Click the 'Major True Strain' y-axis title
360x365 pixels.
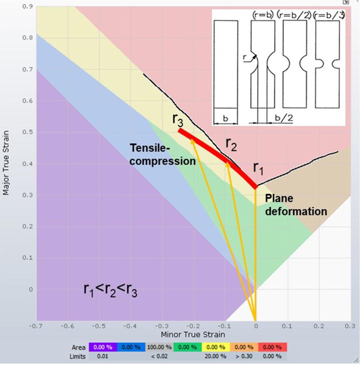tap(6, 163)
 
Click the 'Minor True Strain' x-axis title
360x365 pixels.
tap(192, 335)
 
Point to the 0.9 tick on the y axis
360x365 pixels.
tap(27, 7)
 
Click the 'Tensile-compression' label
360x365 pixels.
tap(163, 154)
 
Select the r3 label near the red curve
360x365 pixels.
tap(178, 120)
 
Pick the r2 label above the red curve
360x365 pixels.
tap(231, 144)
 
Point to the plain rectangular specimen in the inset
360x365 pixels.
tap(226, 64)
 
